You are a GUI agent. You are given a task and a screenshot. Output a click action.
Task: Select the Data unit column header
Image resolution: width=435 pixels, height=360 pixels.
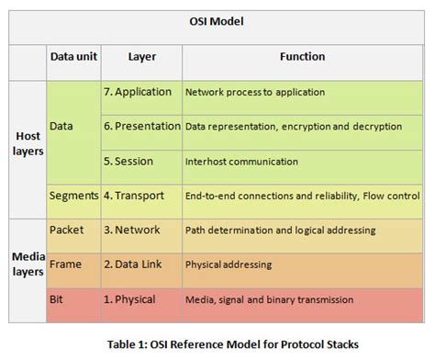(x=73, y=57)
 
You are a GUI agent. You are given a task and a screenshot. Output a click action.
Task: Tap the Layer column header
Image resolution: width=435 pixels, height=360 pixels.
(x=141, y=57)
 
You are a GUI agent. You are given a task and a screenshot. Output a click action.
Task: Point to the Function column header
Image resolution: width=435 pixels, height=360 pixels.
(x=302, y=57)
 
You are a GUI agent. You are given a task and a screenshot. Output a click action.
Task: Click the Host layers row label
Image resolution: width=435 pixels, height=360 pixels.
(x=28, y=143)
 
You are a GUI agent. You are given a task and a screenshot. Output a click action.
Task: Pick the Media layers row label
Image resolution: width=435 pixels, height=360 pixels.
(x=28, y=264)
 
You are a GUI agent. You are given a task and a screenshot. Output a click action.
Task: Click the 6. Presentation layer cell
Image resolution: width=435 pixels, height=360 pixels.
(x=141, y=126)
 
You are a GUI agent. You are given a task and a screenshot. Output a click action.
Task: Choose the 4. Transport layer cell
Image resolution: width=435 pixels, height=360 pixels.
(x=139, y=196)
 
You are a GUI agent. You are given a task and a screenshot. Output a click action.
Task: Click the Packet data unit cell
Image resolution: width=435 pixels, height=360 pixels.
(x=67, y=229)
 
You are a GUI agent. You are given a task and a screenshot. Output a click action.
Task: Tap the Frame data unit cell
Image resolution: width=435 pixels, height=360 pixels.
(x=66, y=264)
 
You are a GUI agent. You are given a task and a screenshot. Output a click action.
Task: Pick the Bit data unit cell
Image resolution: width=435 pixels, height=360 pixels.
(x=58, y=298)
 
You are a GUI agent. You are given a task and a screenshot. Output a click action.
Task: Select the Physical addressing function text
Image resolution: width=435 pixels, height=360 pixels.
(x=229, y=264)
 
